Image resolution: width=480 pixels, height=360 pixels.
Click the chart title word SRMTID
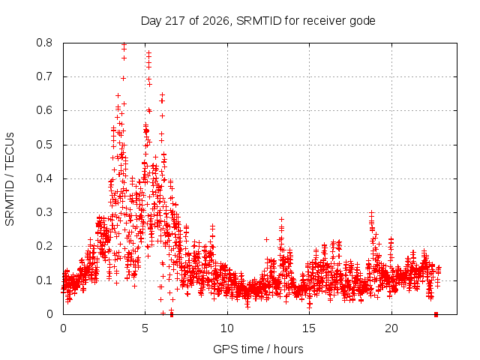click(x=259, y=21)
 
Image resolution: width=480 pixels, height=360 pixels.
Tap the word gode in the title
click(x=363, y=22)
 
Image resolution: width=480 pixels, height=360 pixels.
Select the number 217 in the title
click(x=175, y=21)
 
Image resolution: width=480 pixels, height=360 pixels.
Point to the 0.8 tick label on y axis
click(x=44, y=43)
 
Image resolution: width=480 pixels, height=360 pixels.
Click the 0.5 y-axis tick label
click(x=44, y=145)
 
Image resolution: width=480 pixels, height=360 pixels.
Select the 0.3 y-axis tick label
click(x=44, y=212)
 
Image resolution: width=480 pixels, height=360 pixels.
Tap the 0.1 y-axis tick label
click(x=44, y=280)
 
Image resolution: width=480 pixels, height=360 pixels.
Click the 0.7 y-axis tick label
click(x=44, y=76)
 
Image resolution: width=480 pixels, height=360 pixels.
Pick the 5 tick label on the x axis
click(x=145, y=328)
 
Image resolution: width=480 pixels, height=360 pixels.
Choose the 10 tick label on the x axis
click(x=227, y=328)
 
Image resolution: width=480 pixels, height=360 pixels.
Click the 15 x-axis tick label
click(x=309, y=328)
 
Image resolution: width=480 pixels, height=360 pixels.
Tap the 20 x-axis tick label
click(x=391, y=328)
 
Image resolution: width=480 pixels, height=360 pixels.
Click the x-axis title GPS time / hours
click(x=258, y=349)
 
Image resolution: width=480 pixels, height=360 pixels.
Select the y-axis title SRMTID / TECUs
click(x=10, y=179)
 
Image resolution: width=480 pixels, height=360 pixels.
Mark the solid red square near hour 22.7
click(x=436, y=315)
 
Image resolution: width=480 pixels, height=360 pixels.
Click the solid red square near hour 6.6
click(x=172, y=315)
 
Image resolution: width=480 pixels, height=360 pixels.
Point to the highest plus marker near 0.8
click(x=124, y=45)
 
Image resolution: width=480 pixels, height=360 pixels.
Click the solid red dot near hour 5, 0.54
click(x=147, y=131)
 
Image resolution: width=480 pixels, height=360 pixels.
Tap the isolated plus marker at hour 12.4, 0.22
click(x=267, y=239)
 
